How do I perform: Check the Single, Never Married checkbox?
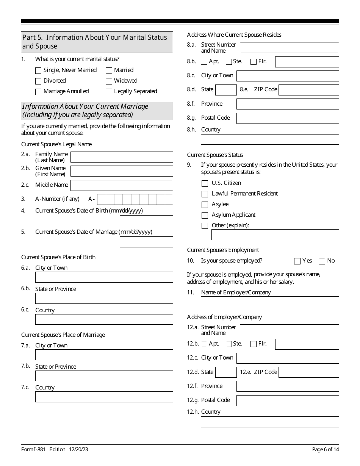tap(38, 70)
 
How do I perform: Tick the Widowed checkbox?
tap(109, 81)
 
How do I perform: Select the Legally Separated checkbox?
tap(109, 92)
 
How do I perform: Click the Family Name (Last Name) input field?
tap(122, 157)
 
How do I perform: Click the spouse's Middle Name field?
tap(122, 185)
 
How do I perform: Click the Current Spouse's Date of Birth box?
tap(146, 221)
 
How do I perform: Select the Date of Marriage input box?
tap(146, 242)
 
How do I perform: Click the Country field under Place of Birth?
tap(104, 319)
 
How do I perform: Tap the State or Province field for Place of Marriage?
tap(104, 376)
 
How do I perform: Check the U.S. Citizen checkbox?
tap(205, 183)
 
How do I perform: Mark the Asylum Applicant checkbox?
tap(205, 215)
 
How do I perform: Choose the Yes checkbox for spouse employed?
tap(297, 261)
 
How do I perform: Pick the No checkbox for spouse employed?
tap(322, 261)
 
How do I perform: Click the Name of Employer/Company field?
tap(270, 302)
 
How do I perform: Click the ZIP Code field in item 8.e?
tap(308, 90)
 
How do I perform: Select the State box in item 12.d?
tap(226, 372)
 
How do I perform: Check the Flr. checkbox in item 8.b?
tap(254, 62)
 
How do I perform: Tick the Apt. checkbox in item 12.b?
tap(204, 344)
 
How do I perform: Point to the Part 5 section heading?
tap(97, 42)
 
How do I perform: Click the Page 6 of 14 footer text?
tap(326, 450)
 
